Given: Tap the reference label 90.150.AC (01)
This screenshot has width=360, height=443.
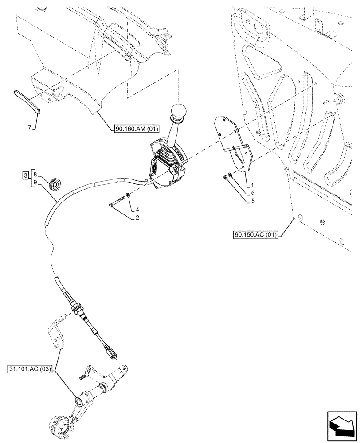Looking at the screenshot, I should (x=254, y=235).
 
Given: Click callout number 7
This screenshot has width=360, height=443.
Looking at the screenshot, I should (x=30, y=128).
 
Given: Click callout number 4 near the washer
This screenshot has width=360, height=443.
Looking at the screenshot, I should (x=137, y=209).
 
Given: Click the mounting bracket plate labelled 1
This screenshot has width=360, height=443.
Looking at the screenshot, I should (x=233, y=142).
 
